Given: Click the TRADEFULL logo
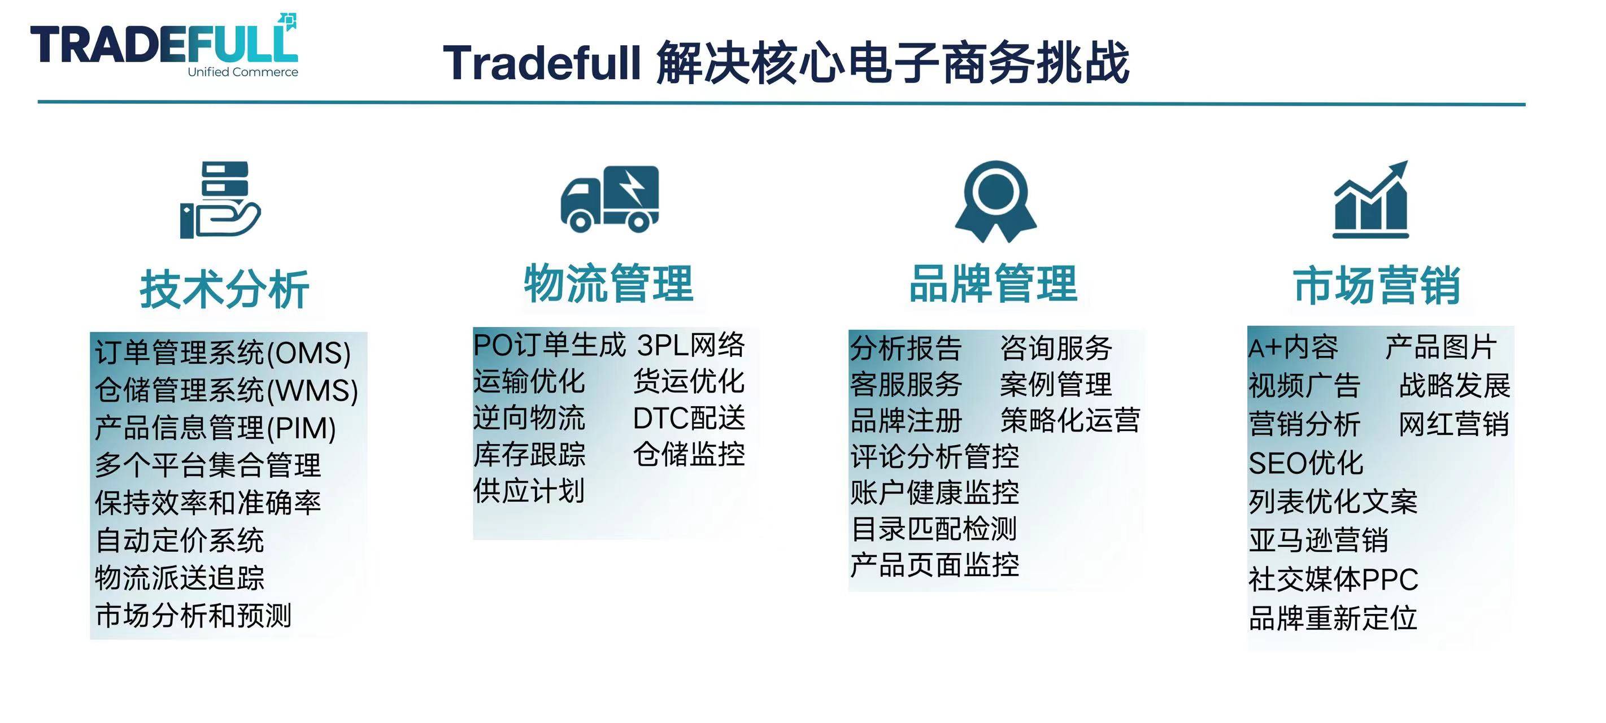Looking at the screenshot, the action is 164,45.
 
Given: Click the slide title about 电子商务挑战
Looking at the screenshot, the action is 786,62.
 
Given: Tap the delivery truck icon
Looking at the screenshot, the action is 610,199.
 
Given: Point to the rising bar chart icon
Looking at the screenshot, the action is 1370,199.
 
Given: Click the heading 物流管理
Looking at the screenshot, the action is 608,283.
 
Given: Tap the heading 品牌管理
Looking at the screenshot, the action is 993,283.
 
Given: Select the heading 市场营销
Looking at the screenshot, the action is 1377,285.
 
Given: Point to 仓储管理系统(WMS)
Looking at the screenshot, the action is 227,390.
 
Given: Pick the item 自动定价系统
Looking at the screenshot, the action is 180,540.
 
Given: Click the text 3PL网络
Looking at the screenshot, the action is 691,345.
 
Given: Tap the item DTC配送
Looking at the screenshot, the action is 689,417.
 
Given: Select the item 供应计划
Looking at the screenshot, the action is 529,490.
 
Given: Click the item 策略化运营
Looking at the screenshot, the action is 1070,420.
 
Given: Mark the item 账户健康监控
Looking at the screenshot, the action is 934,493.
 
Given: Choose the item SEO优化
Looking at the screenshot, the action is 1305,463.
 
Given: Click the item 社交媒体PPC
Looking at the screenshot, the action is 1333,579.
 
